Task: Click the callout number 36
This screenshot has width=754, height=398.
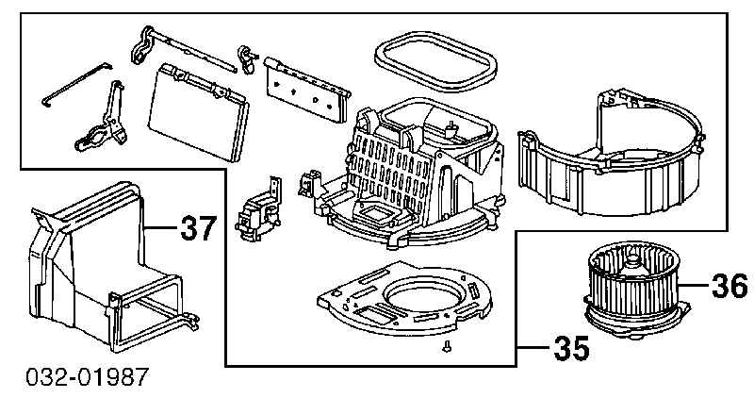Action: click(x=729, y=286)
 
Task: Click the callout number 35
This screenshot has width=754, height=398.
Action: click(x=572, y=347)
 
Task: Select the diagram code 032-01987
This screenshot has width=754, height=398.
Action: click(x=87, y=378)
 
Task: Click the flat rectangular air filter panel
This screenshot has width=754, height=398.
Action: click(x=199, y=111)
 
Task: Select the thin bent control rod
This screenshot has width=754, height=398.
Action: click(x=77, y=84)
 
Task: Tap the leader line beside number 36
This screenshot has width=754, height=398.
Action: click(x=696, y=286)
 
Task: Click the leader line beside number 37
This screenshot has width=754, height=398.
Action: click(x=161, y=226)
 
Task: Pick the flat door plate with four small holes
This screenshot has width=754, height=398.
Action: click(x=306, y=90)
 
